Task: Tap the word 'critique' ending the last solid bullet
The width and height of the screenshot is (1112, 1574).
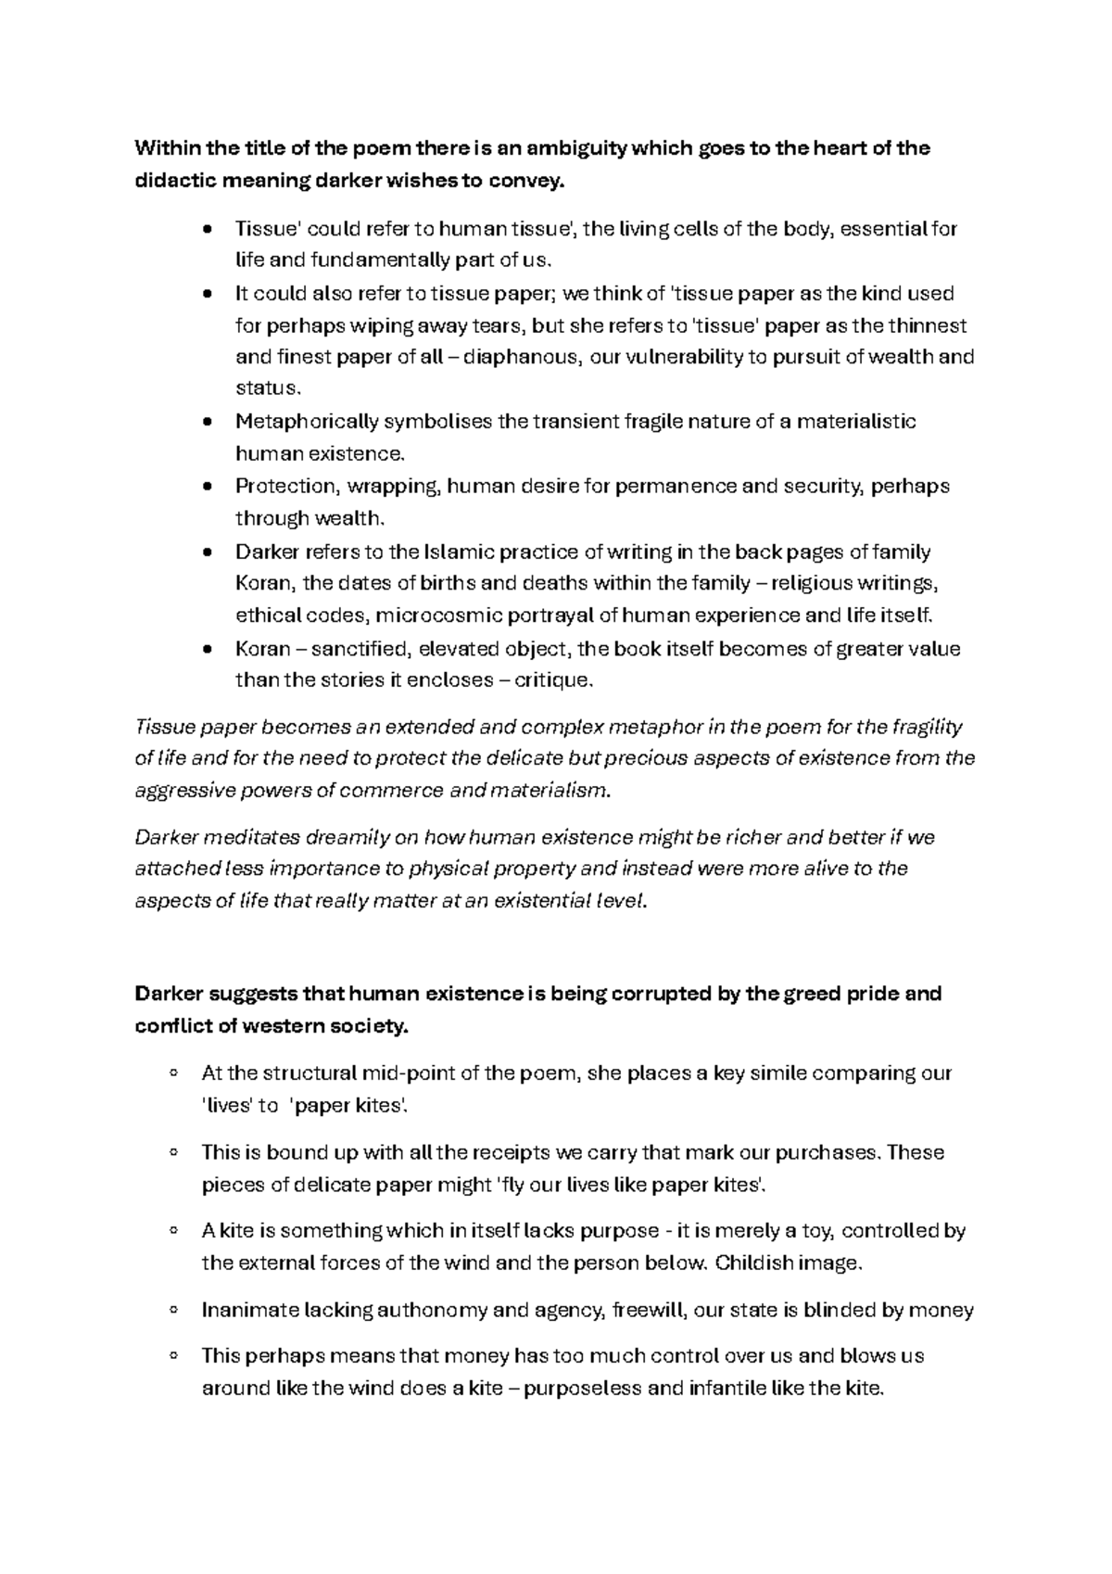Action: [x=551, y=680]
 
